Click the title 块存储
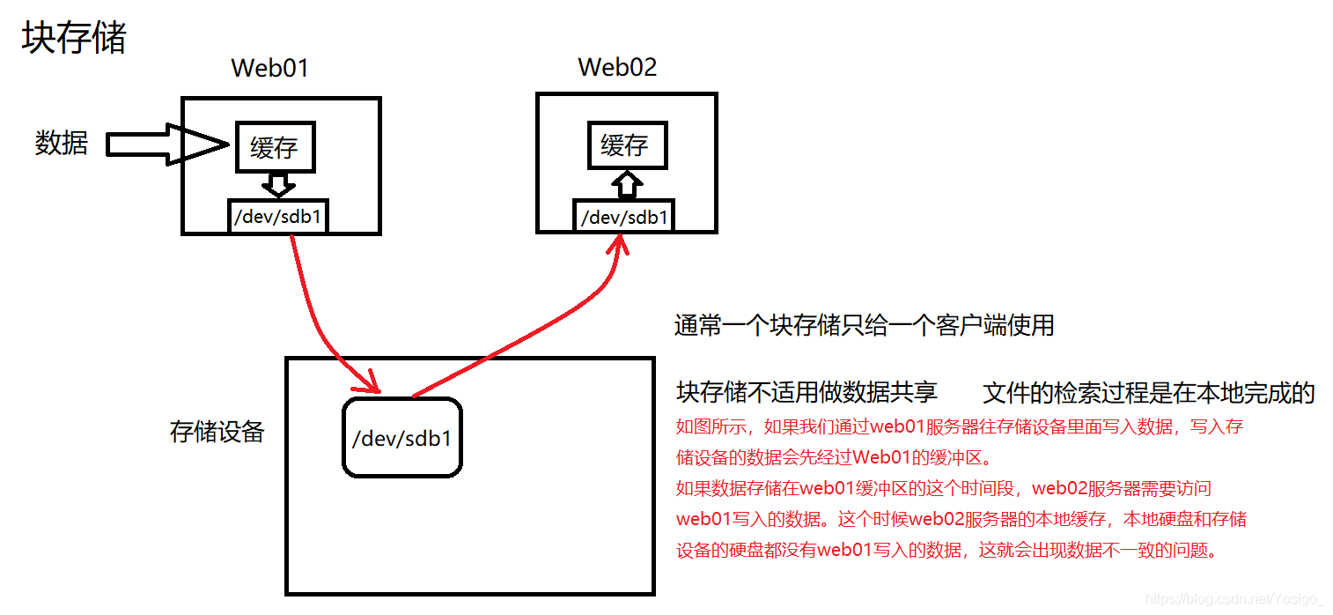(74, 39)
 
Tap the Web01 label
(269, 69)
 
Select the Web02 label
(617, 67)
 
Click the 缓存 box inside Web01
(275, 147)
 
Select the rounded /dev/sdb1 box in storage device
(401, 438)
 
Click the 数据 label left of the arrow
(62, 143)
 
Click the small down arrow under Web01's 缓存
(278, 184)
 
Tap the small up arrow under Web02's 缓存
(626, 183)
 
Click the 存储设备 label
(217, 432)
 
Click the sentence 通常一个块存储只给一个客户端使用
(864, 325)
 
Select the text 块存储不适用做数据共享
(806, 392)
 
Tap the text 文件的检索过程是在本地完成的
(1148, 393)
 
